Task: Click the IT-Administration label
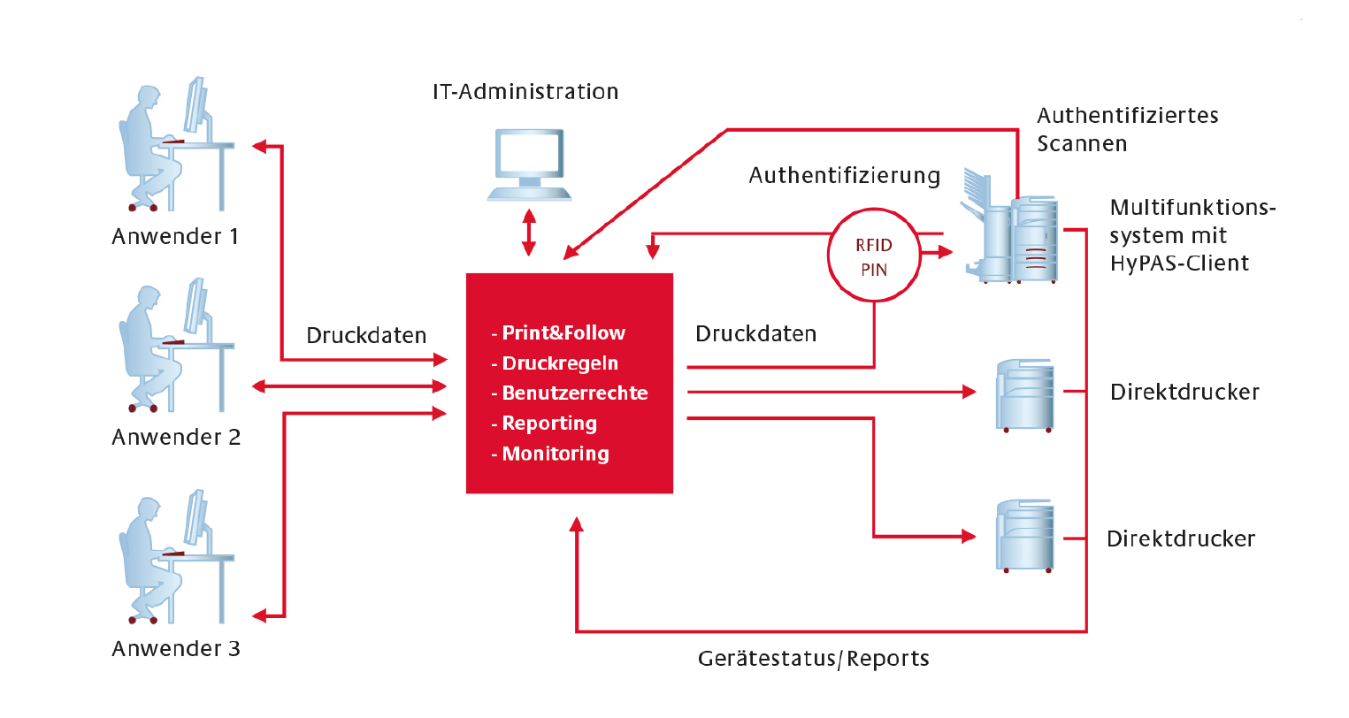point(525,92)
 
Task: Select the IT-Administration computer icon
point(529,164)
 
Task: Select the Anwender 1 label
point(175,237)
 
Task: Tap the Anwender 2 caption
point(176,438)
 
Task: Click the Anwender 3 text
point(176,649)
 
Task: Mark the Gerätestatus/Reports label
point(813,660)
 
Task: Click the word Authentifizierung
point(844,176)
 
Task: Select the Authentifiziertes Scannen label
point(1127,130)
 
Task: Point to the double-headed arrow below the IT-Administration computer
point(529,233)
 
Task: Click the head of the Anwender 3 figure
point(147,511)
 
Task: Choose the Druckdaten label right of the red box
point(755,334)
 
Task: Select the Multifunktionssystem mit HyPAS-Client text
point(1192,235)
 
